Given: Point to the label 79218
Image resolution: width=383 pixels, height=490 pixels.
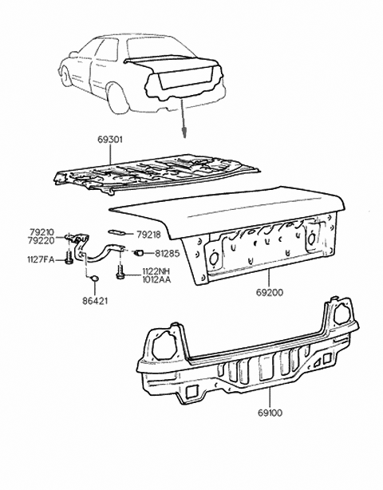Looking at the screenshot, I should click(149, 235).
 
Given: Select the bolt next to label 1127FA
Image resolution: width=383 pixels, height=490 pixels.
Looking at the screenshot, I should click(70, 259).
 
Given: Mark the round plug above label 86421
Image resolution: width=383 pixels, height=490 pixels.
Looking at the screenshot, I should click(93, 278).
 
